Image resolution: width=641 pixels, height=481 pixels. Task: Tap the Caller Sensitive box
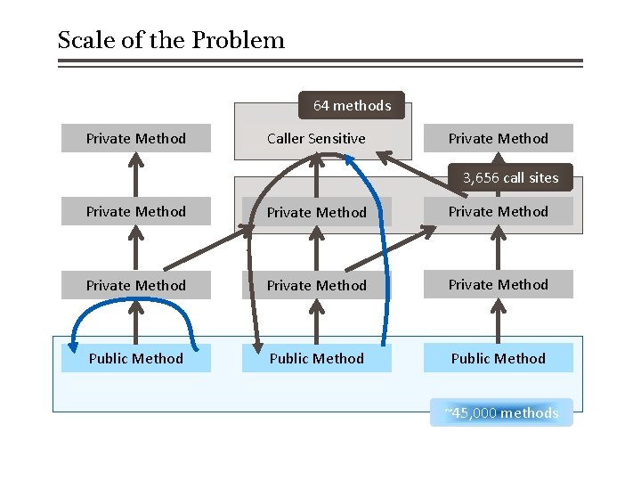316,138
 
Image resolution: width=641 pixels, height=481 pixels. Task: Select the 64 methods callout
352,105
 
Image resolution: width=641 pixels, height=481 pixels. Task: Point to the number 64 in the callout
321,105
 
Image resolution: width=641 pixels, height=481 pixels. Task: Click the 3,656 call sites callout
510,177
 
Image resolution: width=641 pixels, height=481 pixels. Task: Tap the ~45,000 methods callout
501,412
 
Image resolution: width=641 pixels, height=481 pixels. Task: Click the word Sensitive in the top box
337,138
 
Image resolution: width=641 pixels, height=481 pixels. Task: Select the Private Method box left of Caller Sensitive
135,138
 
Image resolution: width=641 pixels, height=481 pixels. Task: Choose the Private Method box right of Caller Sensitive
498,138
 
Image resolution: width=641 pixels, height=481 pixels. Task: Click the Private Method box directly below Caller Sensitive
316,212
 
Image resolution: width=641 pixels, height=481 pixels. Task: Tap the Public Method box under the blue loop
135,358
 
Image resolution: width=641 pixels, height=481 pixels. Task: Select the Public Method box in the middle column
316,358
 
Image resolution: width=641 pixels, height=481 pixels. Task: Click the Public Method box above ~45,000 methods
498,358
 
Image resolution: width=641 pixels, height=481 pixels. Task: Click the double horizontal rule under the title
320,63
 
